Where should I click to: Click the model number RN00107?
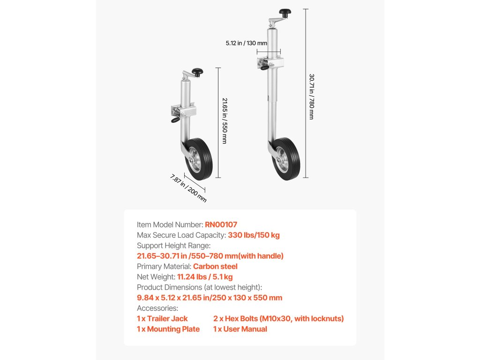(221, 225)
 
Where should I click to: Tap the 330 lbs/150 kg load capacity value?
(254, 235)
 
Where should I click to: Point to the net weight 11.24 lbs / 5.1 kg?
(205, 277)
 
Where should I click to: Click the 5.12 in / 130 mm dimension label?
(246, 43)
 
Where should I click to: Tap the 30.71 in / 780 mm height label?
(311, 96)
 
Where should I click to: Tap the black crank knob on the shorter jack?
(199, 72)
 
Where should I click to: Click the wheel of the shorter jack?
(200, 159)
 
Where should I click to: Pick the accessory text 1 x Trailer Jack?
(162, 318)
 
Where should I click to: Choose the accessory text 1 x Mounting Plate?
(168, 329)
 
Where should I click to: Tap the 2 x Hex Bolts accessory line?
(278, 318)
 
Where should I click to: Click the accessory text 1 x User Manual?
(240, 329)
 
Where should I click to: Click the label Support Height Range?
(173, 245)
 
